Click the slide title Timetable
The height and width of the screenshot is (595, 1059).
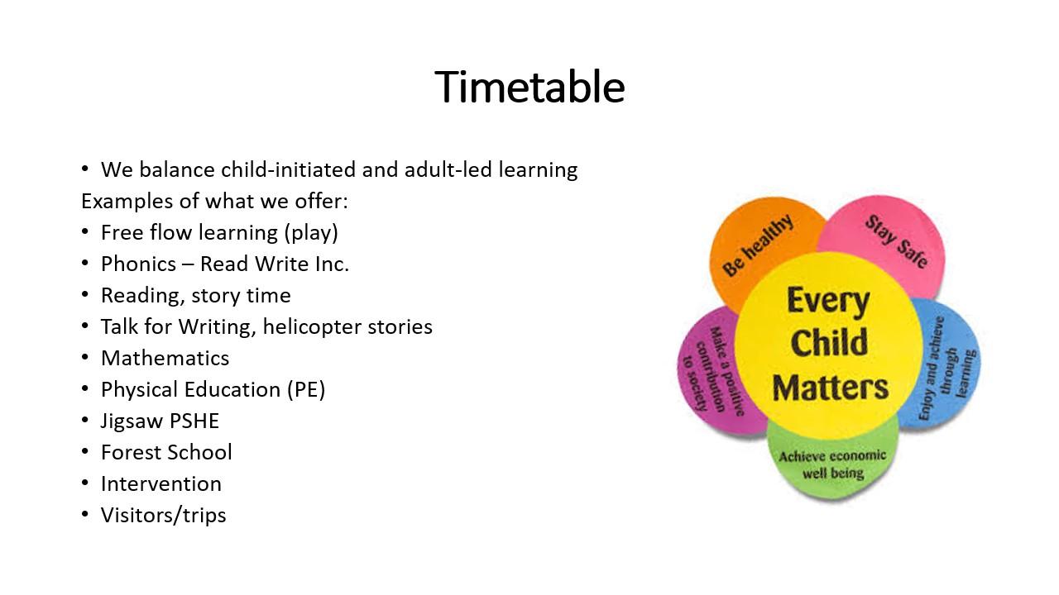(529, 87)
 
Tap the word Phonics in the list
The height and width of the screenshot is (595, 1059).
(138, 264)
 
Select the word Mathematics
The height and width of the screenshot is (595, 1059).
(165, 358)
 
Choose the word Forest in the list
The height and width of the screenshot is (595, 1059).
(131, 452)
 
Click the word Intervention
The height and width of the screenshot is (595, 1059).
(161, 483)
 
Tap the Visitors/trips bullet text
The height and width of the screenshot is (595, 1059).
(164, 515)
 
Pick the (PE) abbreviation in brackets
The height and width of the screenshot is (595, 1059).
(306, 389)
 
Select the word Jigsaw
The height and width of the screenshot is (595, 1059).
(132, 421)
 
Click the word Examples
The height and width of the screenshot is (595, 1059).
(127, 202)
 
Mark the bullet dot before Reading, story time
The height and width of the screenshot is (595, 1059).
(85, 295)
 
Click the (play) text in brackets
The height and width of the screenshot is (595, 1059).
(311, 233)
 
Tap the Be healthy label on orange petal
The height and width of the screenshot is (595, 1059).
(757, 245)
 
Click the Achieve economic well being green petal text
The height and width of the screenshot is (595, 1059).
(832, 464)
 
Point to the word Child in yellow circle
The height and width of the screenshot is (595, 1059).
(829, 342)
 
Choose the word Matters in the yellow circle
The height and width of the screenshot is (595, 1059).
(830, 388)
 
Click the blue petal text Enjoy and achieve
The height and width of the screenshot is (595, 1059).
(932, 369)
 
